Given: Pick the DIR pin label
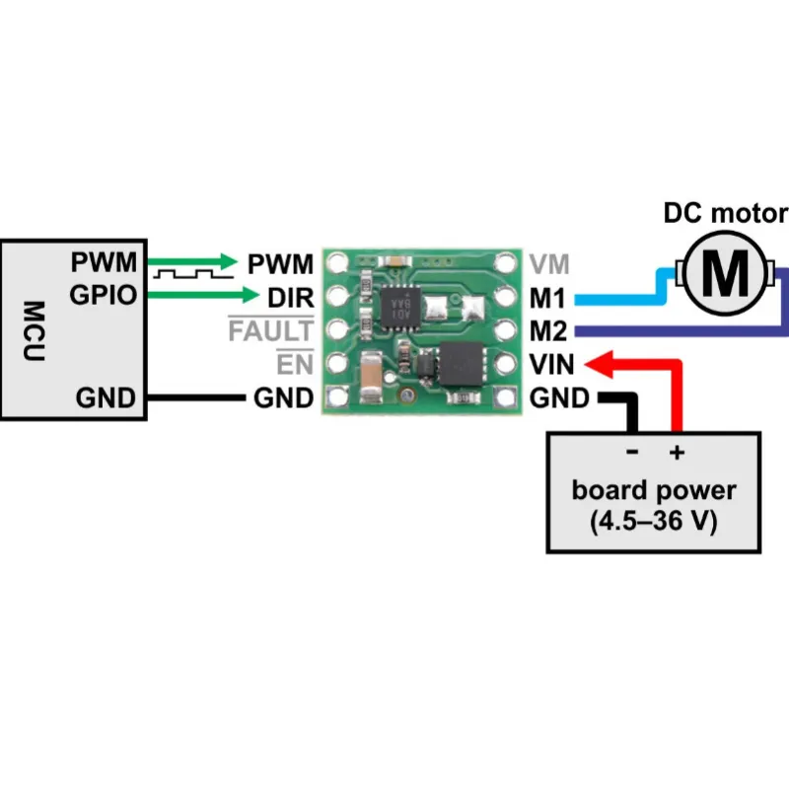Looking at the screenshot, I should click(291, 295).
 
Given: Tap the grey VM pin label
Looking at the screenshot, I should click(548, 263).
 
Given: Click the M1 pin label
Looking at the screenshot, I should click(548, 296).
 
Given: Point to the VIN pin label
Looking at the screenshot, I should click(550, 365).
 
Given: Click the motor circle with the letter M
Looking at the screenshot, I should click(730, 273).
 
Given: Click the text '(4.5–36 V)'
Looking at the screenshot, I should click(654, 522).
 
